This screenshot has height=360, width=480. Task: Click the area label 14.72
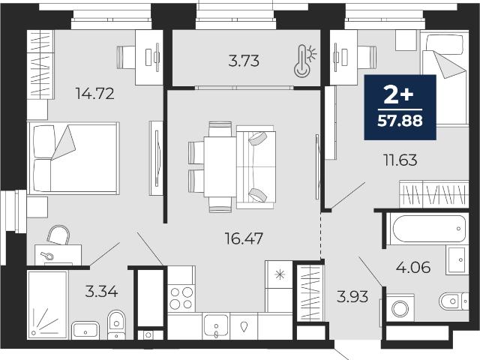pos(95,93)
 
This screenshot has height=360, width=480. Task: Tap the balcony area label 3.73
pos(244,61)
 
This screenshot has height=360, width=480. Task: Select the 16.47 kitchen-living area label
pos(244,238)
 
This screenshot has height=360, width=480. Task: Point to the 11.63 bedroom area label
pos(400,160)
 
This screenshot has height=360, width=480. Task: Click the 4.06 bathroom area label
pos(413,268)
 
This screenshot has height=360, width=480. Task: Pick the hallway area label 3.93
pos(352,297)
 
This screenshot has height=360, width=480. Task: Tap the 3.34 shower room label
pos(101,291)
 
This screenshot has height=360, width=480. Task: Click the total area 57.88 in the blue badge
pos(400,121)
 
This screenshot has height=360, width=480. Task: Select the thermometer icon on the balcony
pos(305,60)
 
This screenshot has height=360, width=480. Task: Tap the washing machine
pos(400,307)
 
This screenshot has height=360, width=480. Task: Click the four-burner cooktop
pos(181,298)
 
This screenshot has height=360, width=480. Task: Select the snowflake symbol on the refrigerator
pos(280,274)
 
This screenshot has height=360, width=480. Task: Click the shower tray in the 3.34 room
pos(48,304)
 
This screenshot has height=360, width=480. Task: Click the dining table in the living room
pos(220,166)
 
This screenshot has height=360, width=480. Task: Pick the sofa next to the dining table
pos(256,167)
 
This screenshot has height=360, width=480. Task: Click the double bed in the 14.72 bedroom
pos(73,158)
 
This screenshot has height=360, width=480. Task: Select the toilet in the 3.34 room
pos(116,325)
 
